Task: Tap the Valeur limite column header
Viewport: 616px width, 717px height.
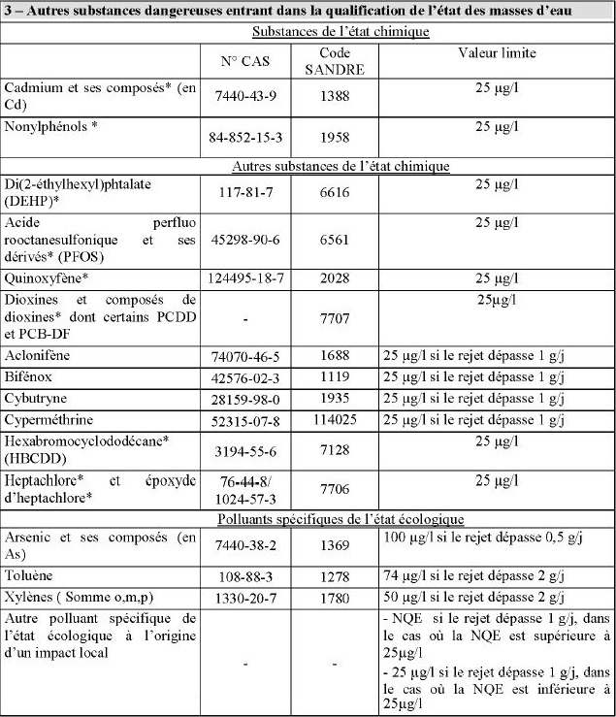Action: (496, 53)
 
